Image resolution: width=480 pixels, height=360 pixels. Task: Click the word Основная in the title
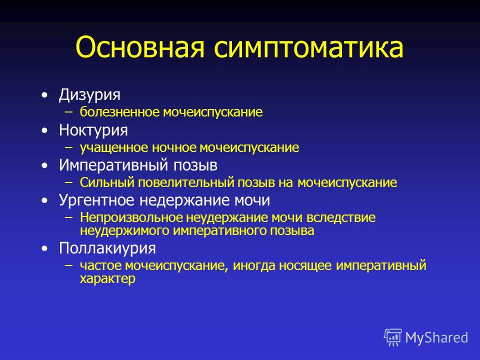(140, 47)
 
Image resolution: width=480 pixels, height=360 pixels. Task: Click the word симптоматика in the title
(308, 47)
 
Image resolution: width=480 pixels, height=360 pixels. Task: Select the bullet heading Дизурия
(89, 94)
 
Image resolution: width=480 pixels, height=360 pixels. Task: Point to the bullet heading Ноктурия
(93, 130)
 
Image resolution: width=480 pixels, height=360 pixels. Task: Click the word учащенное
(114, 148)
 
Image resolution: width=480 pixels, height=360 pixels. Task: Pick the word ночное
(174, 147)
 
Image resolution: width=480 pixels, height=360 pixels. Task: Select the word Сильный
(107, 182)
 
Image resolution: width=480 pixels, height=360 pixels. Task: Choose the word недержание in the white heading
(184, 200)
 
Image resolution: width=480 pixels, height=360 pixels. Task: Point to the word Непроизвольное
(131, 217)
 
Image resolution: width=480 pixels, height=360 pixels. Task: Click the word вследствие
(340, 217)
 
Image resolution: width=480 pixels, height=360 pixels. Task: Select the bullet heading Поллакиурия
(107, 248)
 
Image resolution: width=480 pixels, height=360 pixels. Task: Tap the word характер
(107, 279)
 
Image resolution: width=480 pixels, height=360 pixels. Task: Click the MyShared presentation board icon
(393, 337)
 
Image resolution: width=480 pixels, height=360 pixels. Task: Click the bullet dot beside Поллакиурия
(45, 248)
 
